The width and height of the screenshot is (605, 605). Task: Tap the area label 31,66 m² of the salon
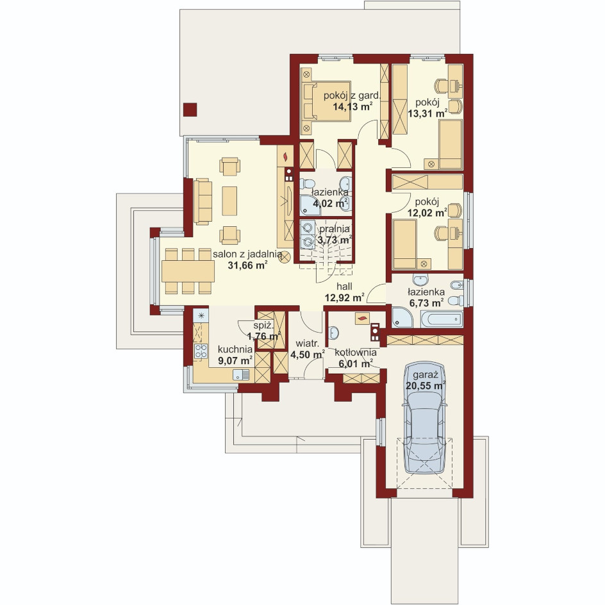coord(248,265)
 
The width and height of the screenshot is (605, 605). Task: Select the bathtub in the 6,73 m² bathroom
coord(442,319)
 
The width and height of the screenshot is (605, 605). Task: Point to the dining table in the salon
coord(188,271)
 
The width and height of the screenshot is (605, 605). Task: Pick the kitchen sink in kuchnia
coord(241,374)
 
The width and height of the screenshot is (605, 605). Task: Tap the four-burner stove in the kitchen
coord(201,351)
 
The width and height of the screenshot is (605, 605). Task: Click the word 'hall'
coord(344,286)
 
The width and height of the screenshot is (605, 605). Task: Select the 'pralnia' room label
coord(334,229)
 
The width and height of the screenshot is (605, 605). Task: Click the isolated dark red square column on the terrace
coord(190,110)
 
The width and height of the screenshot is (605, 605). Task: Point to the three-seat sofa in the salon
coord(203,201)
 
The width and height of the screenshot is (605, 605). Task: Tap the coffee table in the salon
coord(229,201)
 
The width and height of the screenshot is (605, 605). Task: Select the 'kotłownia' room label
coord(356,352)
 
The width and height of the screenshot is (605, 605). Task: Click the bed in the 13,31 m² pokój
coord(451,144)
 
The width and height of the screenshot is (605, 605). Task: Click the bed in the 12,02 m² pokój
coord(405,244)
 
